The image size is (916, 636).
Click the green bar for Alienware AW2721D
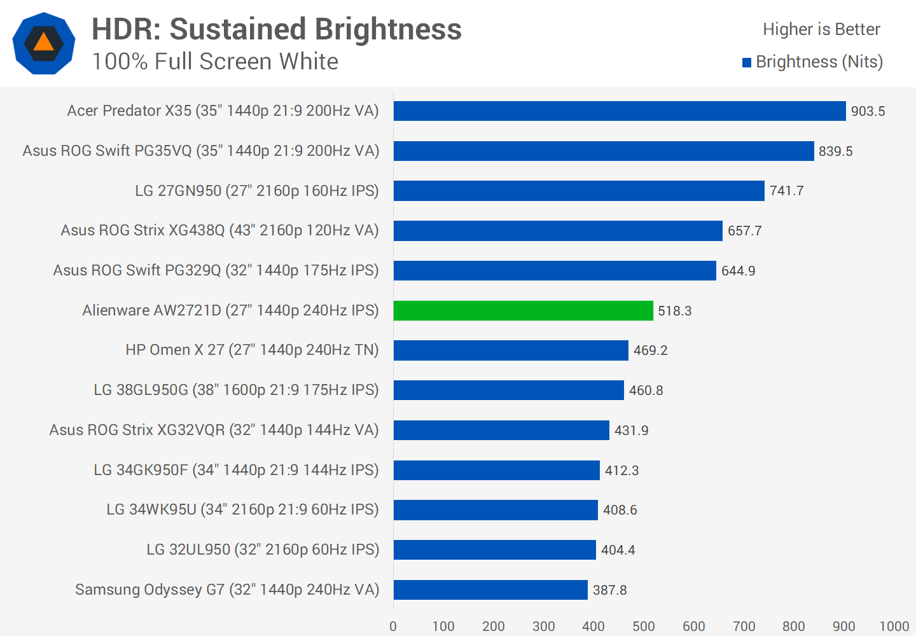(x=523, y=310)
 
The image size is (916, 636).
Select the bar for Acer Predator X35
(x=620, y=111)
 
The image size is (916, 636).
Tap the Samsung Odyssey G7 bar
(x=490, y=590)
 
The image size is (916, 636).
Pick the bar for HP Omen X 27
(x=511, y=350)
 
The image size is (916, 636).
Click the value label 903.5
(x=868, y=111)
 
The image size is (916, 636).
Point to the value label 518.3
(x=674, y=311)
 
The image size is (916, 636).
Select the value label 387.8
(x=609, y=590)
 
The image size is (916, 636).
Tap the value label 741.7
(x=786, y=191)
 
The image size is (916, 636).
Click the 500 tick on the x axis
(x=644, y=626)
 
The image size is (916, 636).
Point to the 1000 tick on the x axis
(x=894, y=626)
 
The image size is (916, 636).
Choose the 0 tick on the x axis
(x=393, y=626)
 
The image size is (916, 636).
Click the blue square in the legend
(x=747, y=62)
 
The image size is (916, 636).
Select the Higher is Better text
(x=821, y=29)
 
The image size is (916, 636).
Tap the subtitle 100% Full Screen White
(x=215, y=62)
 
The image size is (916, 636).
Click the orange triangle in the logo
(x=43, y=43)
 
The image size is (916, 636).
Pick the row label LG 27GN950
(x=256, y=191)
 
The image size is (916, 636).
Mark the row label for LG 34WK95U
(x=242, y=509)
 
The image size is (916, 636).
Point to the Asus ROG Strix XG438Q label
(x=219, y=230)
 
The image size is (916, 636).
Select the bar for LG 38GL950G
(x=508, y=390)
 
